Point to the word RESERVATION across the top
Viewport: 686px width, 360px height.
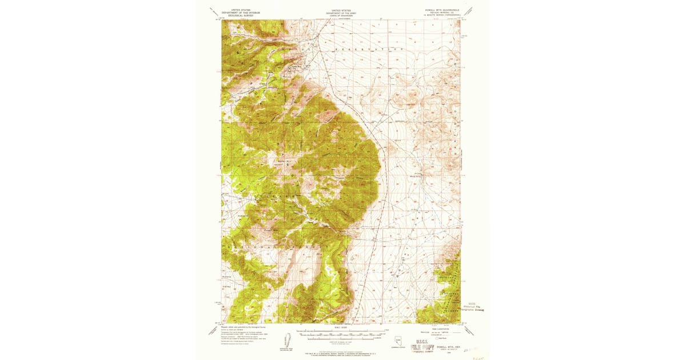372,50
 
